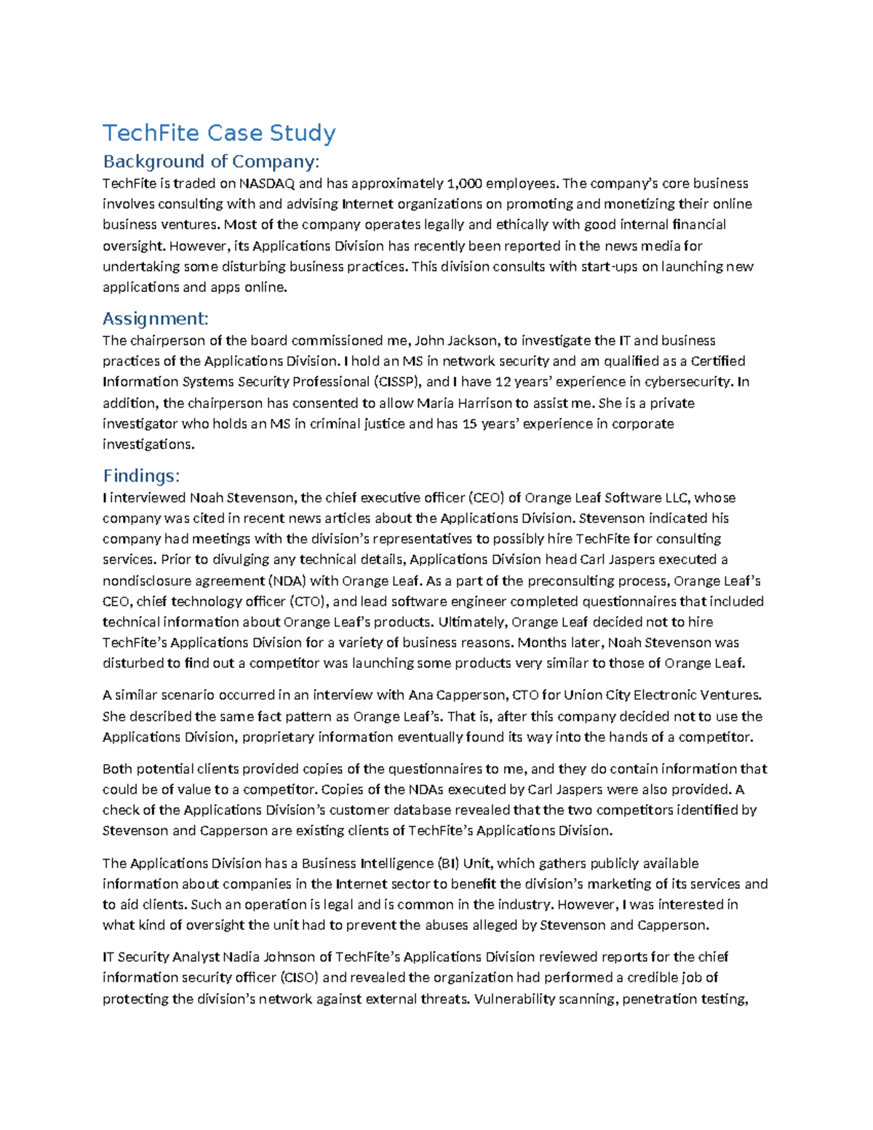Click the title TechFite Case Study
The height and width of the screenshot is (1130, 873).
(219, 133)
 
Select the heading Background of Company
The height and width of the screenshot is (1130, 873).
(211, 161)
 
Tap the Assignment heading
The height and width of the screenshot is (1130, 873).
(156, 319)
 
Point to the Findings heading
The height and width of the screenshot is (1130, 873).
(140, 476)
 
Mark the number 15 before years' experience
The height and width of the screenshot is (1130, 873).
(469, 424)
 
